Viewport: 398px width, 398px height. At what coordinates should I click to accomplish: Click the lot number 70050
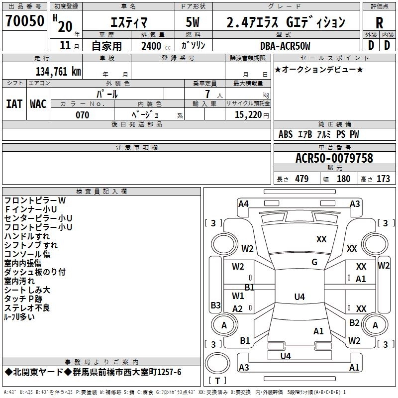pyautogui.click(x=24, y=21)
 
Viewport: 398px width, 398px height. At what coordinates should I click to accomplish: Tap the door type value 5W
pyautogui.click(x=193, y=22)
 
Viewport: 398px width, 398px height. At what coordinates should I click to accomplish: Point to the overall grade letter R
pyautogui.click(x=379, y=23)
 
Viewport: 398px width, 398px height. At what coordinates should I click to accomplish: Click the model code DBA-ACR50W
pyautogui.click(x=285, y=46)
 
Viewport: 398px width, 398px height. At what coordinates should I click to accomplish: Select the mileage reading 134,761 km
pyautogui.click(x=58, y=71)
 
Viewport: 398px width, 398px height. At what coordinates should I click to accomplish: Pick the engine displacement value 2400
pyautogui.click(x=151, y=46)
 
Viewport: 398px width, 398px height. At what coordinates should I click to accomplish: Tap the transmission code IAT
pyautogui.click(x=14, y=103)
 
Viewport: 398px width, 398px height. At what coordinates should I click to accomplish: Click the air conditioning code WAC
pyautogui.click(x=38, y=103)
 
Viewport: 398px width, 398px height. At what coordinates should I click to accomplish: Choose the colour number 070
pyautogui.click(x=82, y=115)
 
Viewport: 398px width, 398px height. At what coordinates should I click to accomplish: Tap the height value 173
pyautogui.click(x=383, y=179)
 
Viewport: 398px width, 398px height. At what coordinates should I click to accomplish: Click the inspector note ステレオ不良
pyautogui.click(x=27, y=308)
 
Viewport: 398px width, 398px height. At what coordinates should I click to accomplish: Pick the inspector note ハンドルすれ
pyautogui.click(x=27, y=236)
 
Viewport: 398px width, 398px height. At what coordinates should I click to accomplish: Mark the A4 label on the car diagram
pyautogui.click(x=243, y=203)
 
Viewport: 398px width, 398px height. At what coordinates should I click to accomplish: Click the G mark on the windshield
pyautogui.click(x=314, y=262)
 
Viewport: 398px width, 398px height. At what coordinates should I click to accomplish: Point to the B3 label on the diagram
pyautogui.click(x=215, y=305)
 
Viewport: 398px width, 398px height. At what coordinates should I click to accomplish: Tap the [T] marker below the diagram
pyautogui.click(x=217, y=381)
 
